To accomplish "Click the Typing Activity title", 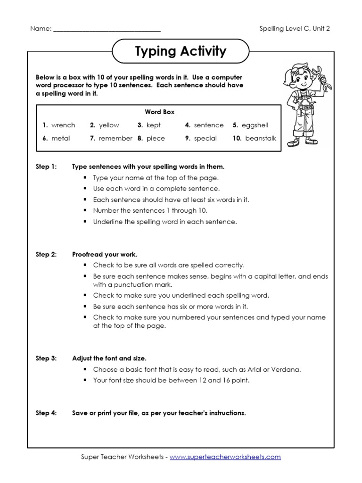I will [181, 51].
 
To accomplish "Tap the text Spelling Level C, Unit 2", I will [295, 28].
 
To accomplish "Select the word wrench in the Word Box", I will [63, 125].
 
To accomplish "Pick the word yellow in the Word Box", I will [109, 125].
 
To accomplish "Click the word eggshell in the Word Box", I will [255, 125].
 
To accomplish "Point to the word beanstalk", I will [261, 138].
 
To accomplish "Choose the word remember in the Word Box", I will [115, 138].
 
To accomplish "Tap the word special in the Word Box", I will [206, 138].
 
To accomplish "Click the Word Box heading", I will [159, 112].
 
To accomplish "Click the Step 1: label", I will [46, 167].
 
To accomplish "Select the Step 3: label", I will [46, 358].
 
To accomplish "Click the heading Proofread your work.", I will [105, 254].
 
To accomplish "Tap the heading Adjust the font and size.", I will [112, 358].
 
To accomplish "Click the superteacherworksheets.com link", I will [225, 457].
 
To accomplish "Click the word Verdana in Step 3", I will [287, 369].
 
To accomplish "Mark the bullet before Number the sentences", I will [85, 210].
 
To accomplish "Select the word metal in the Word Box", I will [60, 138].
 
